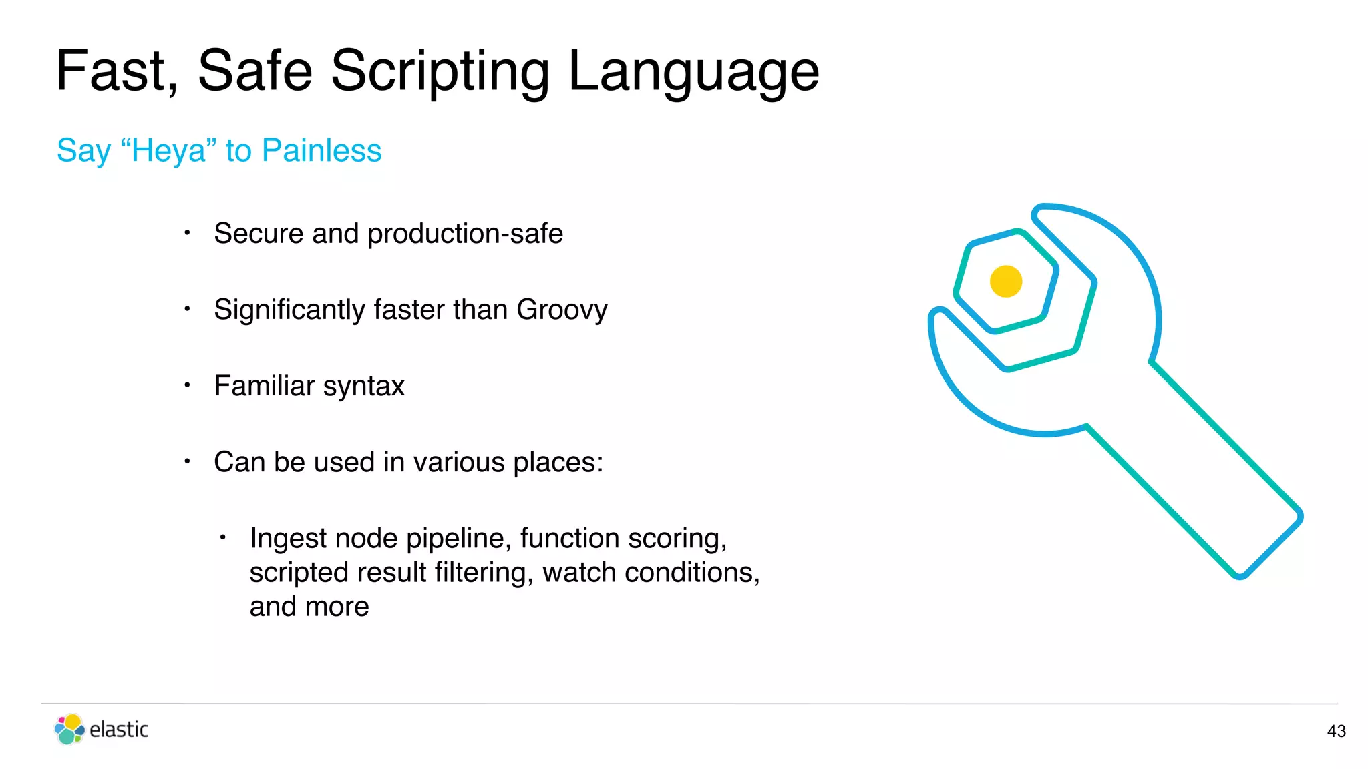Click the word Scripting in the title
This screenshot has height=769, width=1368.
[440, 71]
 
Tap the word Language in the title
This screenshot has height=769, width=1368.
[693, 71]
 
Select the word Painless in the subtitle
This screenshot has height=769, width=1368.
[321, 150]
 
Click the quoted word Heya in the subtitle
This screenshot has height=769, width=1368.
[168, 150]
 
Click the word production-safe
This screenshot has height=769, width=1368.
[465, 234]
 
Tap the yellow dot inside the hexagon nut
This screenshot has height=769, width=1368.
[1006, 281]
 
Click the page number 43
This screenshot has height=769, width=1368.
[1336, 732]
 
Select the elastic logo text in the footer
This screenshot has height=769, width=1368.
[119, 730]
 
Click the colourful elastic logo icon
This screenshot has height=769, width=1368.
[69, 729]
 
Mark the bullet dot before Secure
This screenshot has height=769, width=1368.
[188, 233]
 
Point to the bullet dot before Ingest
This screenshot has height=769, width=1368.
[224, 537]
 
